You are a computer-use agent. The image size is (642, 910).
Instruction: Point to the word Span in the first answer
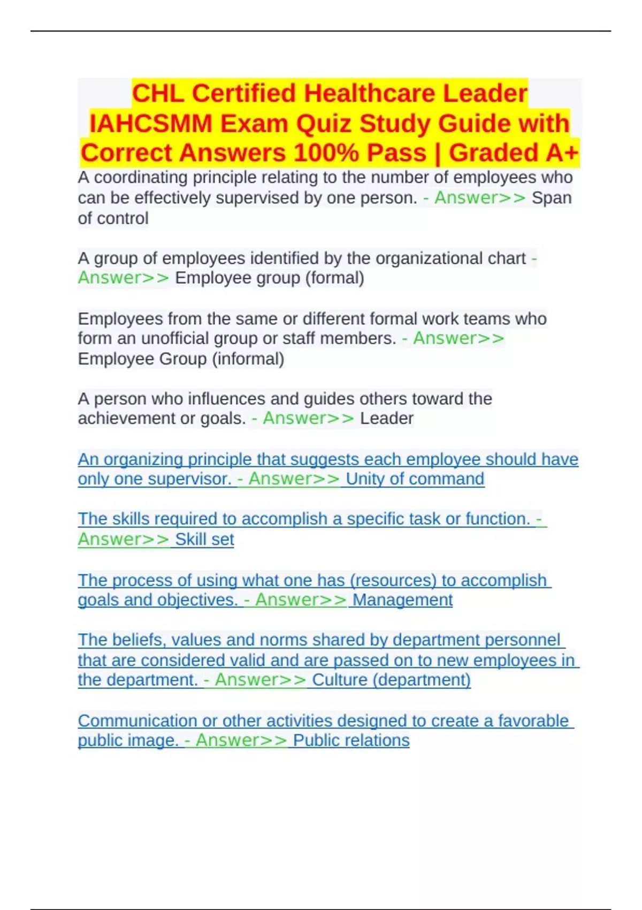(x=551, y=198)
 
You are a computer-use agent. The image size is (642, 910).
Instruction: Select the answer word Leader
(x=386, y=419)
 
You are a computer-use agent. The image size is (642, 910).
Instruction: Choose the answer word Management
(x=402, y=600)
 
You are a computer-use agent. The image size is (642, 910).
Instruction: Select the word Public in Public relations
(x=316, y=741)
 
